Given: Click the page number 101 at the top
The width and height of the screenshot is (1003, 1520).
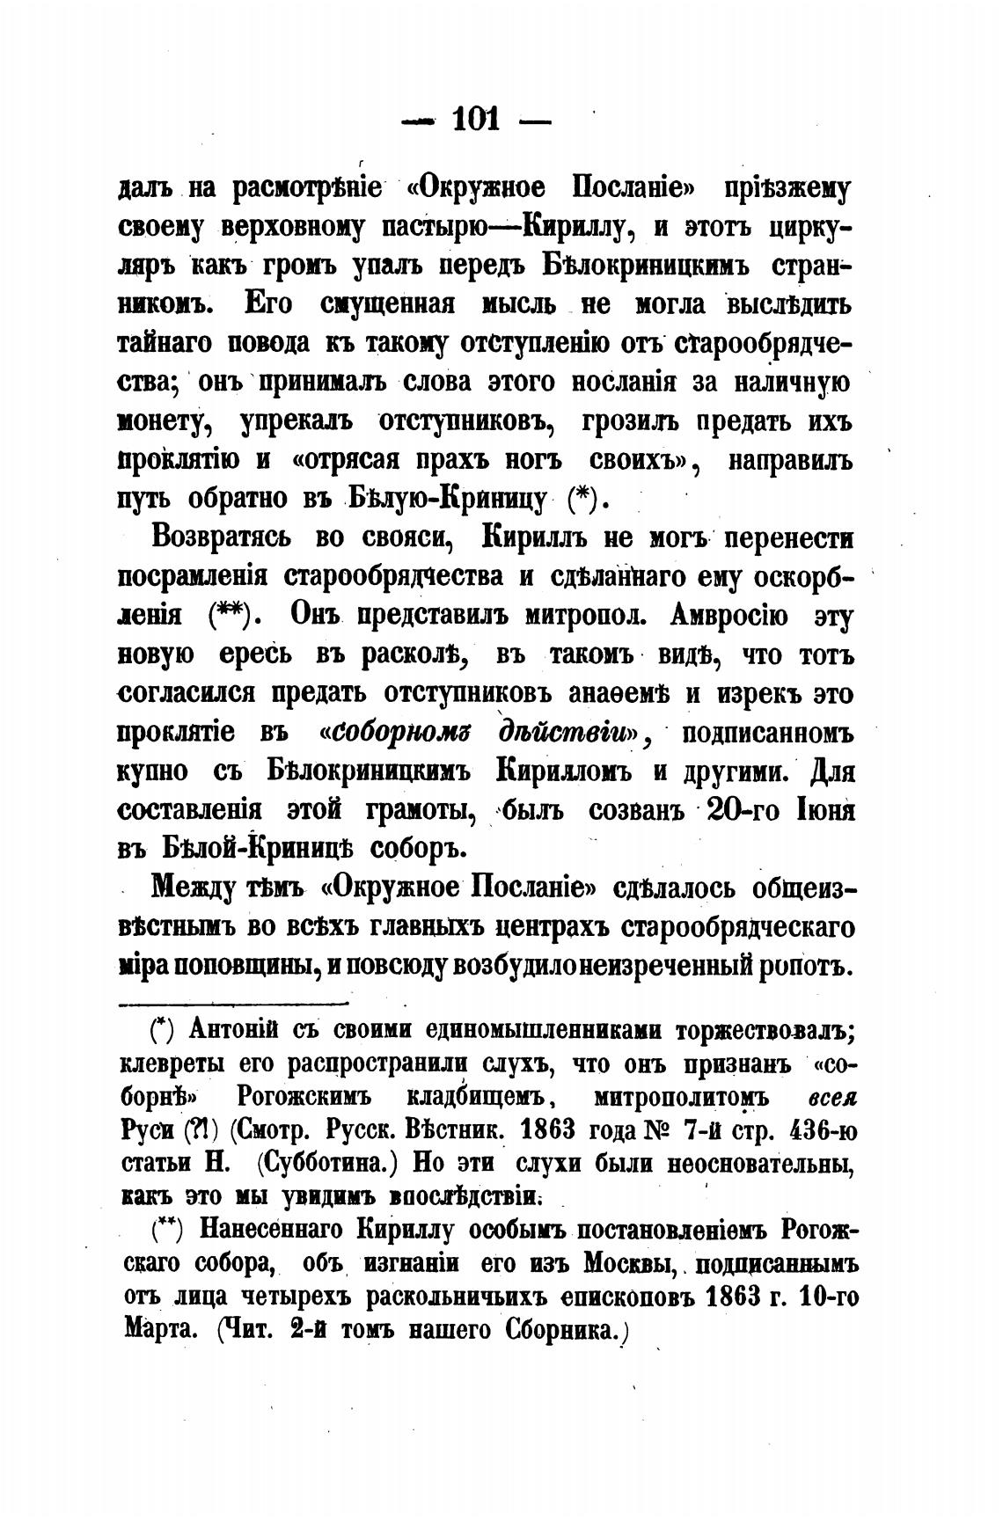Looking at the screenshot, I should point(475,118).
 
